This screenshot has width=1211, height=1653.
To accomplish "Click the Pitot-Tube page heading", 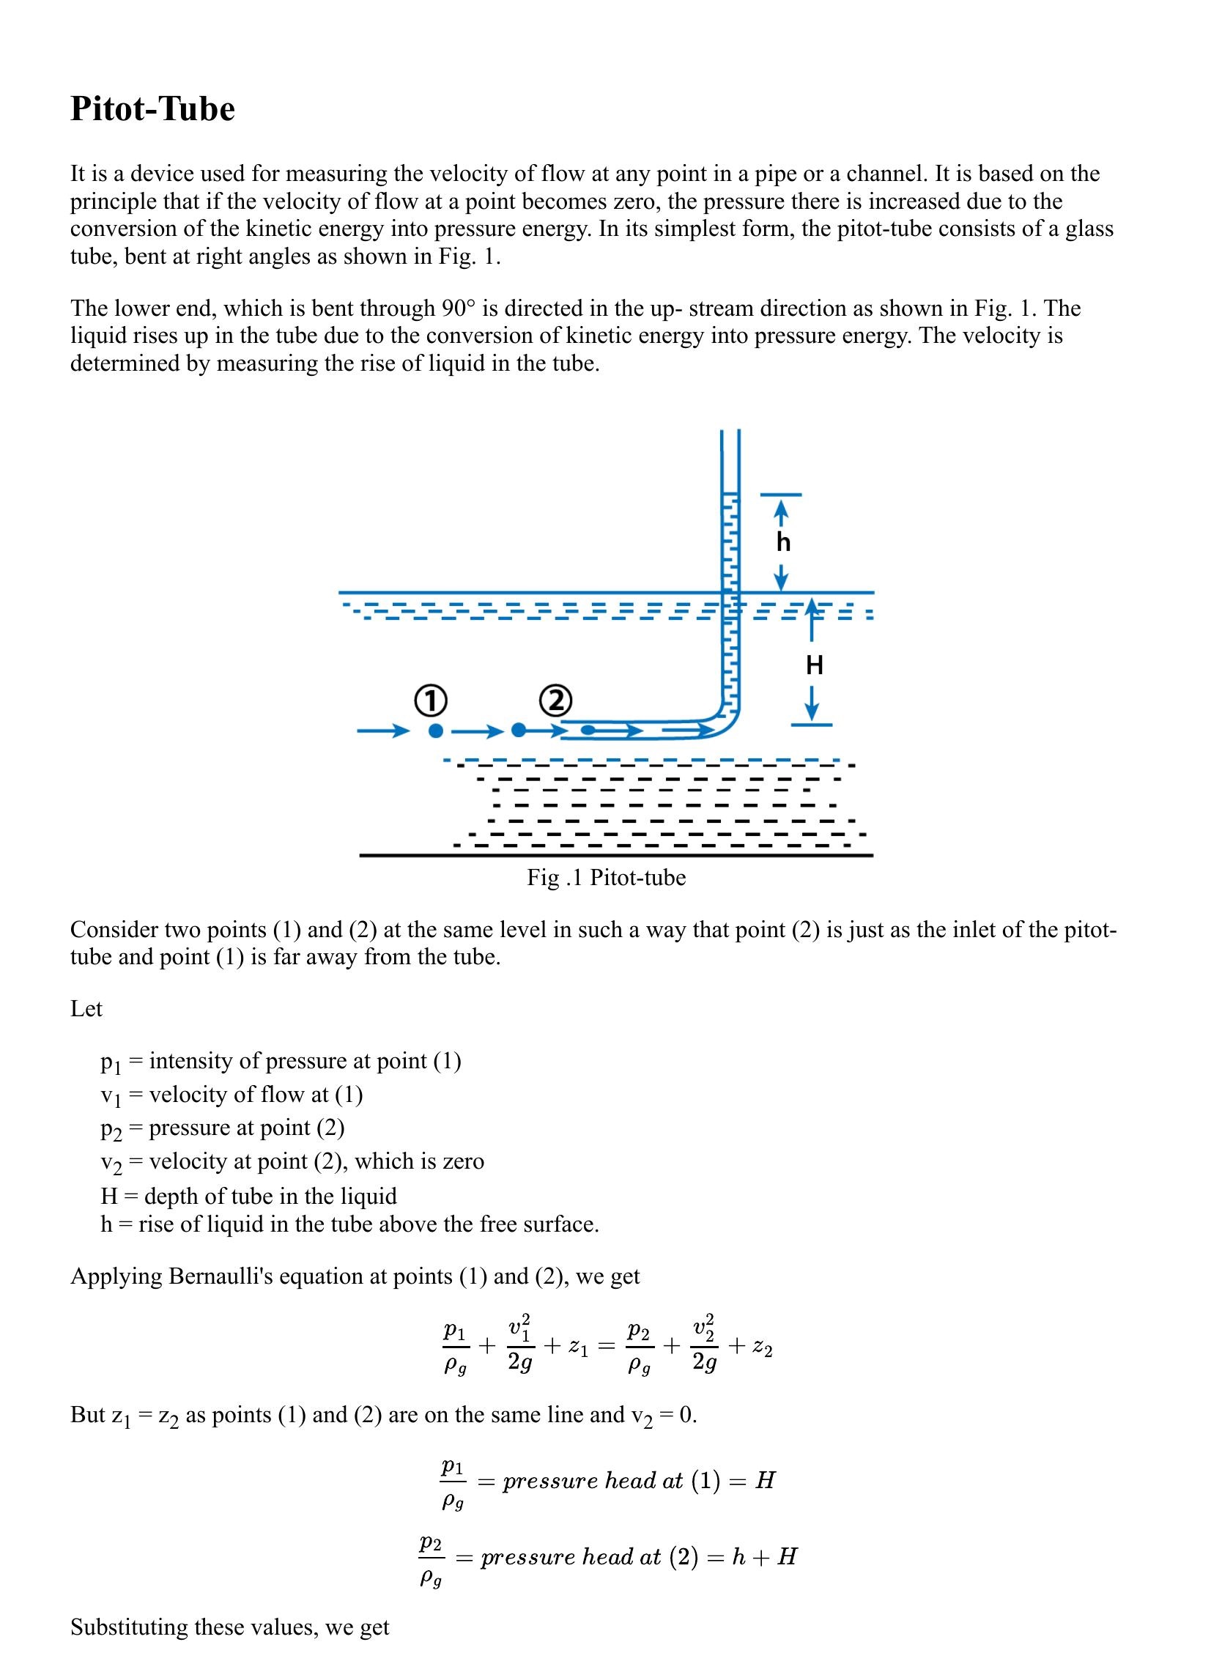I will pyautogui.click(x=152, y=109).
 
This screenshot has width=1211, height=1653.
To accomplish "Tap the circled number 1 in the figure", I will pyautogui.click(x=430, y=700).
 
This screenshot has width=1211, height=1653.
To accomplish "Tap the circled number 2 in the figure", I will pyautogui.click(x=555, y=700).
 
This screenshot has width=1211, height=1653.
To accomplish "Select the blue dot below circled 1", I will pyautogui.click(x=435, y=731).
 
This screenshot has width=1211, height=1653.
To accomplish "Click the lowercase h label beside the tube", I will pyautogui.click(x=783, y=542).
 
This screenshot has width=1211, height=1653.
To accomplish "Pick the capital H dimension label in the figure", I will pyautogui.click(x=815, y=665).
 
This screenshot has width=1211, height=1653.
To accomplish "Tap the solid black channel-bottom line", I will pyautogui.click(x=616, y=856).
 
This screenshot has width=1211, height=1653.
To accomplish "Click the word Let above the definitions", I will pyautogui.click(x=86, y=1009).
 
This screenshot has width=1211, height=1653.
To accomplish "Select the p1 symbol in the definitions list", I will pyautogui.click(x=111, y=1062).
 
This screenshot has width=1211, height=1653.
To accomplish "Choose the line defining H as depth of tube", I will pyautogui.click(x=248, y=1196).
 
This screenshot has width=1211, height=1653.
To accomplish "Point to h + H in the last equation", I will pyautogui.click(x=764, y=1556).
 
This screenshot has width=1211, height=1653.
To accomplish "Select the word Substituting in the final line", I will pyautogui.click(x=129, y=1627).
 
